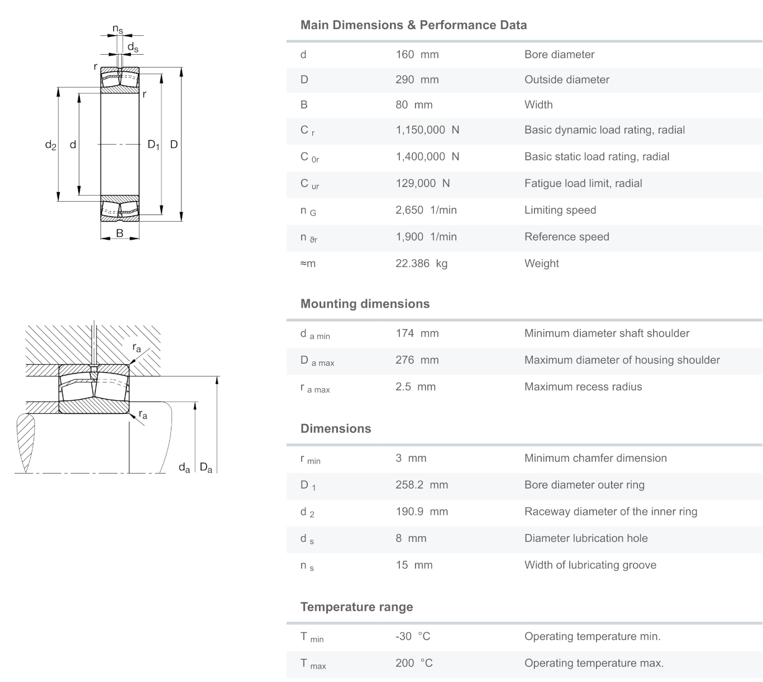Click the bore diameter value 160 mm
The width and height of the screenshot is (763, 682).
click(x=417, y=55)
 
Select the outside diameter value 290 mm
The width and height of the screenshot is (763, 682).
click(x=417, y=80)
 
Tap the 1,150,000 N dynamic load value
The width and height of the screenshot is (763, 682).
click(x=427, y=130)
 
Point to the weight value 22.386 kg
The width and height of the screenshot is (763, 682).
click(x=421, y=264)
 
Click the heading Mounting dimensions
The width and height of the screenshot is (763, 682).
click(x=365, y=304)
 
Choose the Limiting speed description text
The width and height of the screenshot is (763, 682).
click(x=560, y=211)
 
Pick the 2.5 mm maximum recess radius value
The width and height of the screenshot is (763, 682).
click(x=415, y=387)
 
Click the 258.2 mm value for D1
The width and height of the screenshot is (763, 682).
click(x=421, y=485)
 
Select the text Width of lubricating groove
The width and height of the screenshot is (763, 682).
click(x=590, y=565)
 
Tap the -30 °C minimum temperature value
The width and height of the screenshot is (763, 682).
click(x=413, y=637)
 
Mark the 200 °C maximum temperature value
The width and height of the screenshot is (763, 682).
click(x=414, y=664)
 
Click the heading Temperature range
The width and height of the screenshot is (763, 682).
click(x=356, y=607)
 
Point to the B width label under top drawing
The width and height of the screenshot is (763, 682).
click(x=120, y=233)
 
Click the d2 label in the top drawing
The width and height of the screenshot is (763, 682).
click(x=50, y=145)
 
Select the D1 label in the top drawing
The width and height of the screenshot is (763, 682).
click(x=154, y=145)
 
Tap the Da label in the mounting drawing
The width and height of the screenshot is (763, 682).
click(x=206, y=468)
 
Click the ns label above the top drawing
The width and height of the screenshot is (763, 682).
click(x=118, y=29)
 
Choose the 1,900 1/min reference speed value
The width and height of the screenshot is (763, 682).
click(x=426, y=237)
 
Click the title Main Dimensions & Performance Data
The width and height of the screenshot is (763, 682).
click(x=413, y=25)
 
